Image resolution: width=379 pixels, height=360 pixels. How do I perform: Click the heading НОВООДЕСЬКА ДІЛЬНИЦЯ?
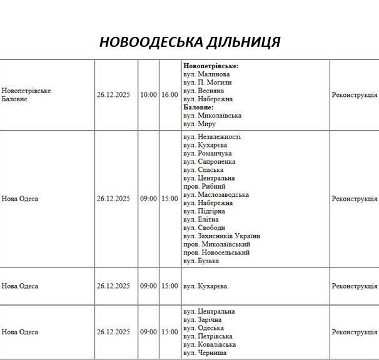pos(189,42)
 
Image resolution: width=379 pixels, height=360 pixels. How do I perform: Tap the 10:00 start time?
pos(149,95)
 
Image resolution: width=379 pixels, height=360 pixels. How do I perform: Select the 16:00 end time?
pos(169,95)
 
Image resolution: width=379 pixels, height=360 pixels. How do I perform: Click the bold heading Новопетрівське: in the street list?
pos(211,66)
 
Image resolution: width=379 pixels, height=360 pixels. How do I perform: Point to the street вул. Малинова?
pos(206,74)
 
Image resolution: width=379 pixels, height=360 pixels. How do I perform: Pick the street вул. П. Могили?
pos(208,82)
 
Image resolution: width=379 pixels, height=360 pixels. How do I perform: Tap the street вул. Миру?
pos(200,124)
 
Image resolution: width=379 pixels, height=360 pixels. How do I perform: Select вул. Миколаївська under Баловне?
pos(213,116)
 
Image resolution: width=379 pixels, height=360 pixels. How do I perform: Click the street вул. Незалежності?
pos(212,137)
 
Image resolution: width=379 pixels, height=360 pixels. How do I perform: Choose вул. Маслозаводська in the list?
pos(216,194)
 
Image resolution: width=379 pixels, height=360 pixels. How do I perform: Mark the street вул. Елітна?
pos(201,219)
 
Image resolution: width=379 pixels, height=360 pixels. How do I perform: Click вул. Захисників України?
pos(221,236)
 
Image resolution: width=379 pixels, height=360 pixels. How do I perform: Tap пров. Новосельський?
pos(216,252)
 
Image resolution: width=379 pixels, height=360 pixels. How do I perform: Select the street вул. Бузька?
pos(201,261)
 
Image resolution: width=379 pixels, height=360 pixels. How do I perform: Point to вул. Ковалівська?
pos(210,344)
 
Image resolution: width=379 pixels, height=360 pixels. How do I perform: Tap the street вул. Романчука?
pos(208,153)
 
